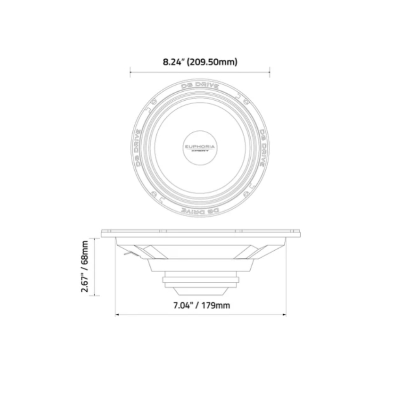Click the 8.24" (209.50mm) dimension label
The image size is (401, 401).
point(200,63)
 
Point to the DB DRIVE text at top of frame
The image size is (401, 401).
point(200,86)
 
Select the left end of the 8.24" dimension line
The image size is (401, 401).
point(130,73)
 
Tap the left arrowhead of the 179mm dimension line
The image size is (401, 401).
point(117,315)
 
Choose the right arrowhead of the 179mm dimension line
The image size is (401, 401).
point(285,315)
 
